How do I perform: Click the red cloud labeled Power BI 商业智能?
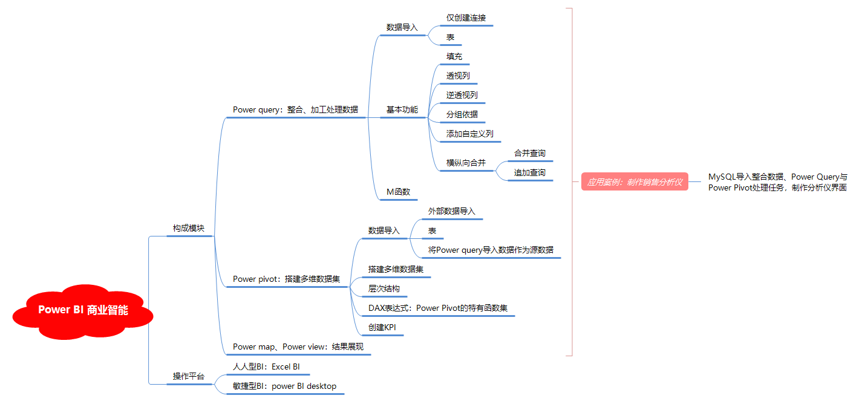pos(83,310)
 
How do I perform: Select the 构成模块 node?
pos(189,229)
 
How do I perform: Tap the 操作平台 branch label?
pos(189,376)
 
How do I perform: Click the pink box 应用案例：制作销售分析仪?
pos(635,181)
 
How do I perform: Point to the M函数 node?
pos(398,192)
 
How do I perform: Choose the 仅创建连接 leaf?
pos(466,18)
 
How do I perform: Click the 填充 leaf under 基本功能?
pos(454,57)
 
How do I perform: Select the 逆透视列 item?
pos(462,95)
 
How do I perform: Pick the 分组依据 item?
pos(462,114)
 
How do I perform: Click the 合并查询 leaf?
pos(529,154)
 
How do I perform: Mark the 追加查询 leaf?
pos(529,173)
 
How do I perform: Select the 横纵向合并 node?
pos(466,163)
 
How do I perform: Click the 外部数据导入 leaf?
pos(451,211)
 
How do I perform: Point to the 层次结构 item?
pos(384,289)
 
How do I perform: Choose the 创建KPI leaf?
pos(382,328)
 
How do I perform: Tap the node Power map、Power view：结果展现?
pos(301,347)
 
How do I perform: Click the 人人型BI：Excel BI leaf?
pos(266,367)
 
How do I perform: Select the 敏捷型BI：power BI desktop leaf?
pos(284,386)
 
